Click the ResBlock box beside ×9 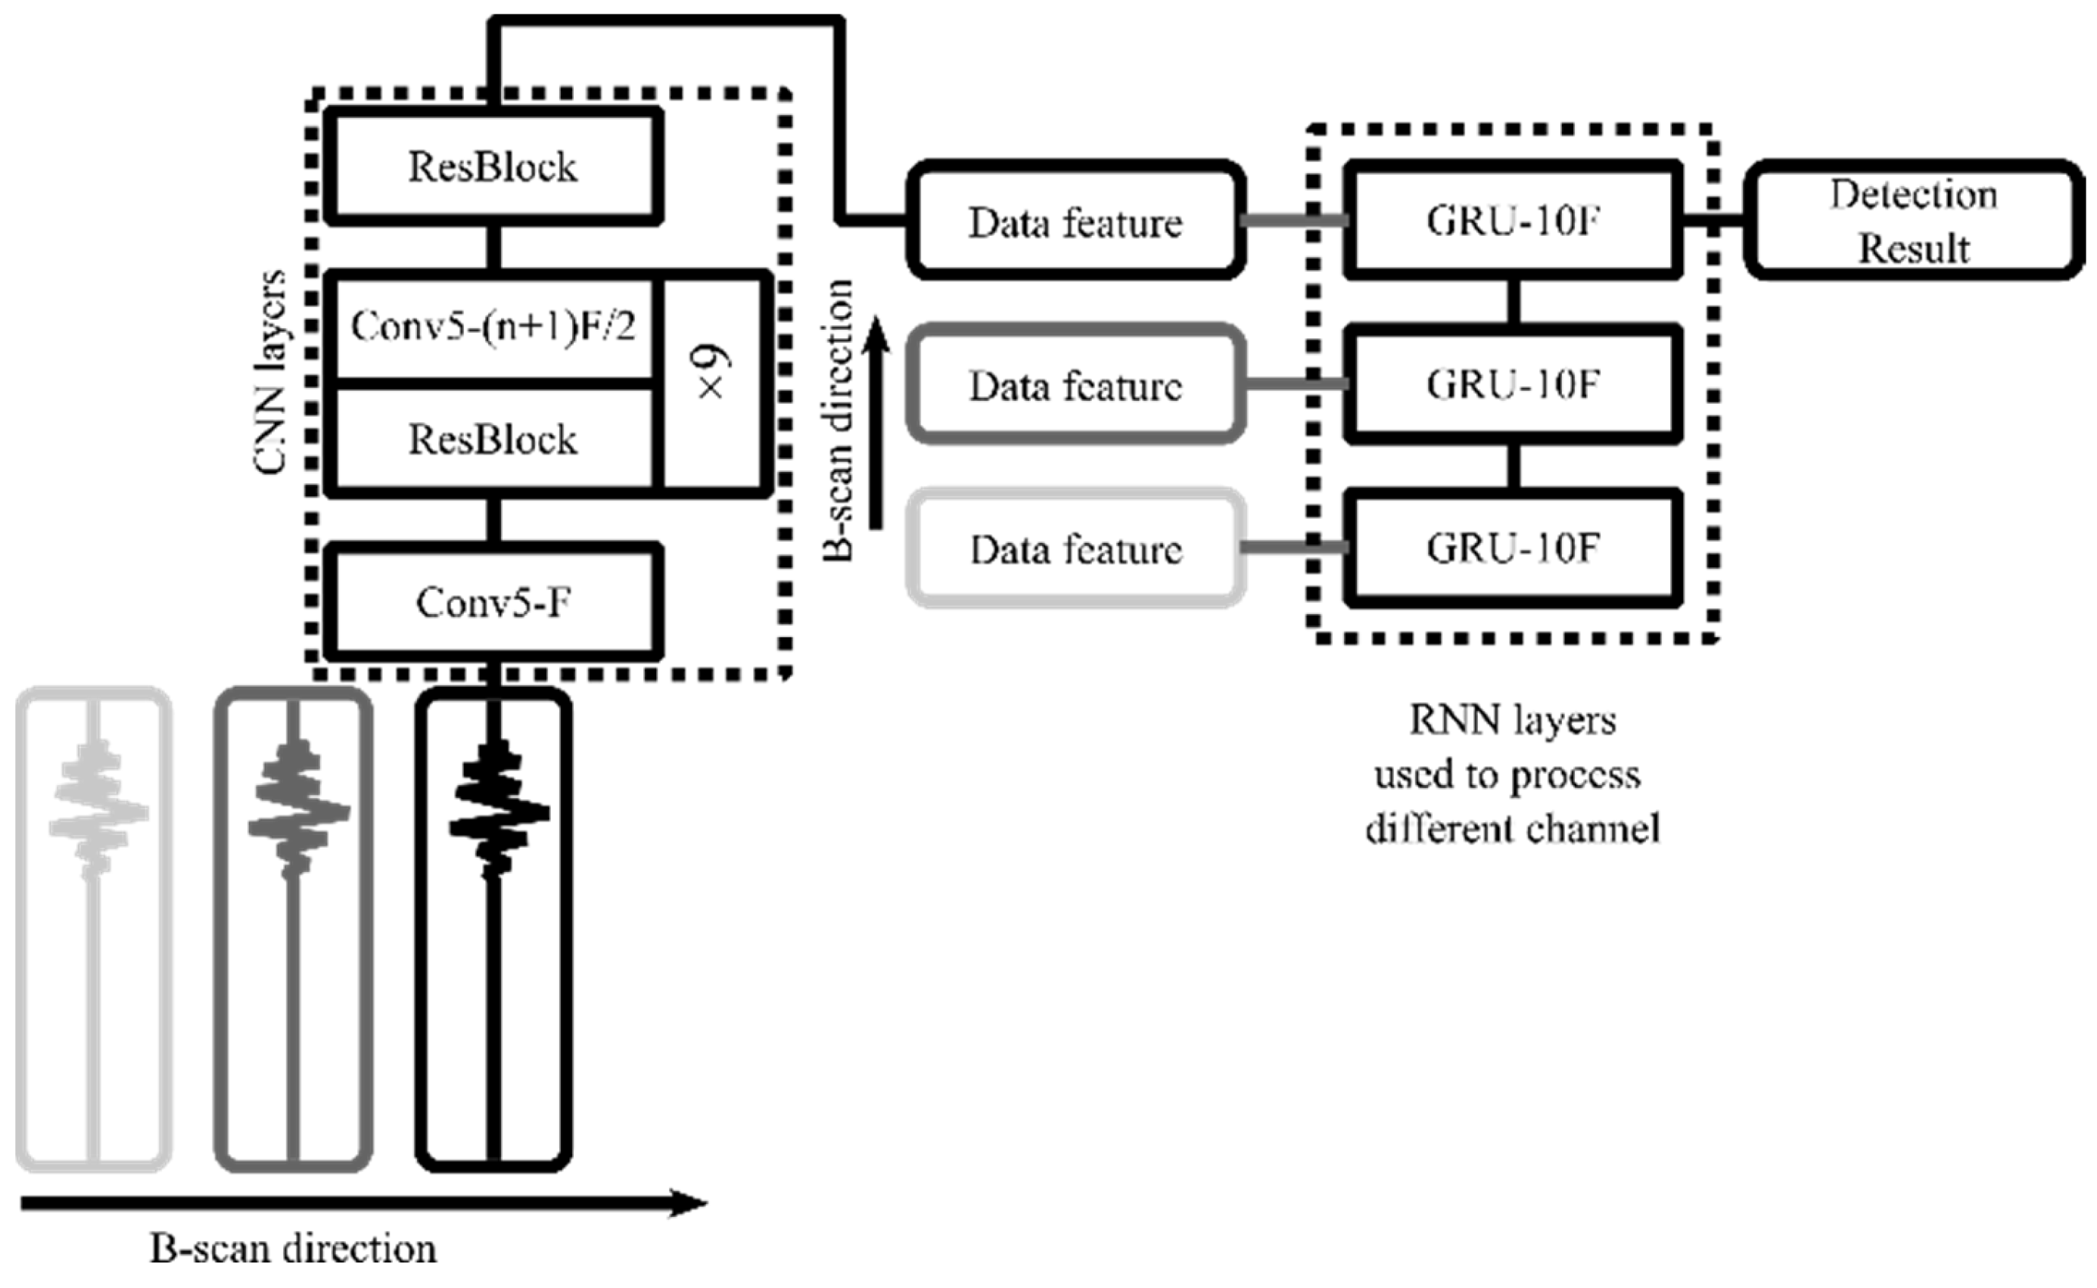tap(493, 439)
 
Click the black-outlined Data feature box tap(1075, 222)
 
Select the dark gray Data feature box tap(1075, 385)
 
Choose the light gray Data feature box tap(1075, 548)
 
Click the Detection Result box tap(1913, 222)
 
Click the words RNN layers tap(1513, 721)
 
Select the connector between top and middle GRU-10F tap(1514, 302)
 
